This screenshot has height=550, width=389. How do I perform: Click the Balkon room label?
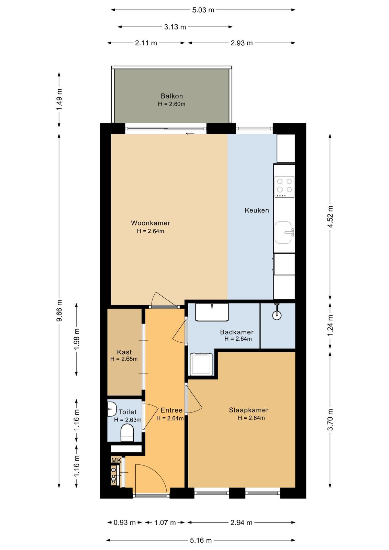[171, 96]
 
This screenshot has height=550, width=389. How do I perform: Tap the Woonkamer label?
[151, 223]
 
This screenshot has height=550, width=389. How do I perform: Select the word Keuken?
[257, 210]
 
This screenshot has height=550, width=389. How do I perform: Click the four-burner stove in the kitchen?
[285, 187]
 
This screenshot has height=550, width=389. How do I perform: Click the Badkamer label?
[236, 332]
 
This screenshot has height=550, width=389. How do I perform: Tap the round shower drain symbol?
[277, 316]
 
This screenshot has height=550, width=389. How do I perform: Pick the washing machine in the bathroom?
[201, 364]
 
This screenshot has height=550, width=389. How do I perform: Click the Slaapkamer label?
[248, 410]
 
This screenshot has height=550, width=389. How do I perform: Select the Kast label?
[124, 352]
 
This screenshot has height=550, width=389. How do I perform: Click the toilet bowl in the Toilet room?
[127, 433]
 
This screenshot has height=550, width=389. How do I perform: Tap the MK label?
[116, 460]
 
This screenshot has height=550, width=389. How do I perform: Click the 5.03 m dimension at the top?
[203, 10]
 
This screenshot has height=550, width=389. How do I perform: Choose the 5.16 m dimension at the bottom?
[201, 540]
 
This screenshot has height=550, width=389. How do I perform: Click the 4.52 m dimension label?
[330, 217]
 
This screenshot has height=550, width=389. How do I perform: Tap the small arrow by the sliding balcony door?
[190, 134]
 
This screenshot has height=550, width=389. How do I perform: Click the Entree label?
[171, 410]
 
